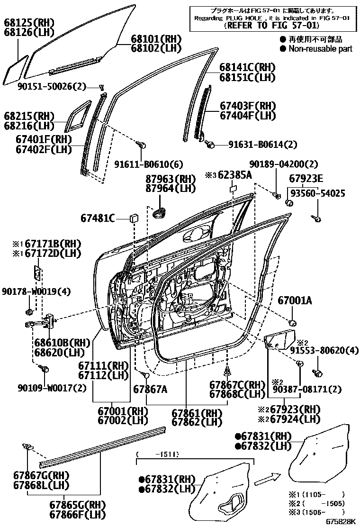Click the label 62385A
pyautogui.click(x=235, y=175)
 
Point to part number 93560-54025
pyautogui.click(x=317, y=193)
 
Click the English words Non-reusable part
pyautogui.click(x=320, y=49)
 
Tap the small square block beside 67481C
pyautogui.click(x=134, y=218)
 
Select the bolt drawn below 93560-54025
pyautogui.click(x=317, y=218)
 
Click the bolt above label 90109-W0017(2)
pyautogui.click(x=46, y=368)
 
